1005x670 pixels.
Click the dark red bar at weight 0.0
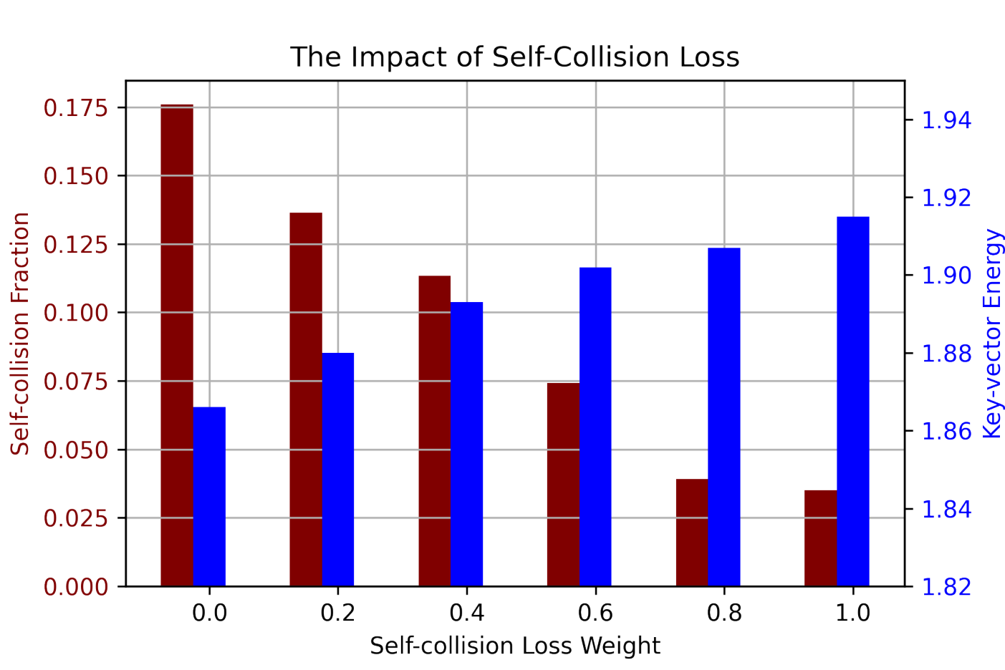177,345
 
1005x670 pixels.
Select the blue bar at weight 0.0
210,497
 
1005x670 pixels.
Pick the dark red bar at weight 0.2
306,399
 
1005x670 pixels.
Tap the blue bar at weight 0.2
338,470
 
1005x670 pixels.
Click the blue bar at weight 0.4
466,444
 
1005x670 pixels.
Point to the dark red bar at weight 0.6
564,485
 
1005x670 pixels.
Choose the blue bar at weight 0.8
724,417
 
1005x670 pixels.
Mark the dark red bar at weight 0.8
692,533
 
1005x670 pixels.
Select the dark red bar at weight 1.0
821,538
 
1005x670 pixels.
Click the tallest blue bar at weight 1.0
853,402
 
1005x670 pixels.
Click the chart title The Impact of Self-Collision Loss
515,57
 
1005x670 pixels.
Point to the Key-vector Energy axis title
992,333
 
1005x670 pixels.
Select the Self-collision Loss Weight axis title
515,646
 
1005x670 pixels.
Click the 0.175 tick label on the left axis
76,108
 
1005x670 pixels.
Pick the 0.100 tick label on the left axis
76,313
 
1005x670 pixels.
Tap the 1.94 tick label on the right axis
946,120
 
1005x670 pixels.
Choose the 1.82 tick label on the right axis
946,586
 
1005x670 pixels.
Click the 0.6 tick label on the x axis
595,613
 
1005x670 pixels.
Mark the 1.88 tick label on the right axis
946,354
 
